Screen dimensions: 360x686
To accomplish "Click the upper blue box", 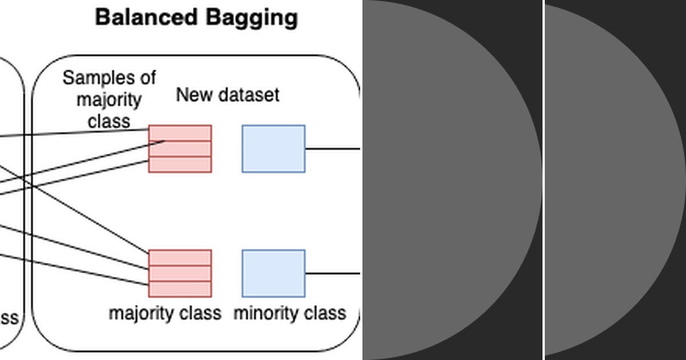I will tap(273, 149).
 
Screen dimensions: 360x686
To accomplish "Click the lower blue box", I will tap(273, 273).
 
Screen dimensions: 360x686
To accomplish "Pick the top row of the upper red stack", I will tap(180, 133).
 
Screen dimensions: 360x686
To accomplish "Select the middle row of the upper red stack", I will tap(180, 149).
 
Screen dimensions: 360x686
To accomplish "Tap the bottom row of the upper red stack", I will tap(180, 165).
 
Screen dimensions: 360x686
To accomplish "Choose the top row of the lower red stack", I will tap(180, 258).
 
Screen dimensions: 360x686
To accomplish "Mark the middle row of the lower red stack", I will tap(180, 273).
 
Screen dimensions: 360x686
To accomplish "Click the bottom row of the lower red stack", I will tap(180, 289).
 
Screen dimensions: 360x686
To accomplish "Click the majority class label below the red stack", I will tap(165, 313).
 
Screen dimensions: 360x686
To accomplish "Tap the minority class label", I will tap(289, 313).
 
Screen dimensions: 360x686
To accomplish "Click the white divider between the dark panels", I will tap(544, 180).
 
